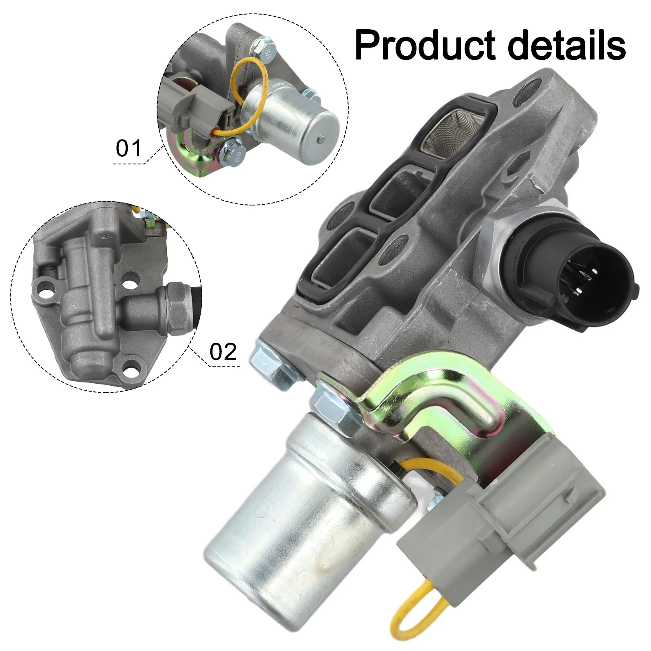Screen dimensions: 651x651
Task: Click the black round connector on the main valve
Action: pyautogui.click(x=568, y=273)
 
